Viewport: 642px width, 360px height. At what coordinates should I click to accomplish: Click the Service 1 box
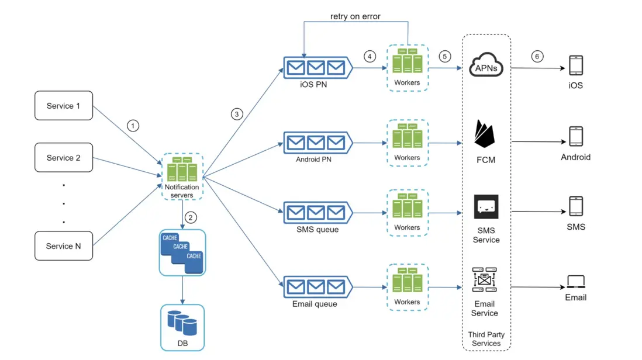pos(64,106)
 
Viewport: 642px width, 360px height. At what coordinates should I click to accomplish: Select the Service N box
pos(64,246)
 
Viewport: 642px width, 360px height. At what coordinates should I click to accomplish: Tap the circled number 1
pos(134,126)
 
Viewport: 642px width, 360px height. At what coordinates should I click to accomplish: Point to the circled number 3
pos(236,114)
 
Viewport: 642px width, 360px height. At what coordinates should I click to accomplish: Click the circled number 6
pos(537,57)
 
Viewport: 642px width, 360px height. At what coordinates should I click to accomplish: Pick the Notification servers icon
pos(181,169)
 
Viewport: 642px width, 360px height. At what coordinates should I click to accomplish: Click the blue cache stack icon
pos(182,252)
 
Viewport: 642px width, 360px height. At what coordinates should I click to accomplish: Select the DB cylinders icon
pos(182,323)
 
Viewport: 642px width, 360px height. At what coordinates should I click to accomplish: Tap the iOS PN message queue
pos(316,67)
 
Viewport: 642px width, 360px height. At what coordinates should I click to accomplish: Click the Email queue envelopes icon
pos(316,287)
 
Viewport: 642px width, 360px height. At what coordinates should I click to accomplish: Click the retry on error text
pos(355,16)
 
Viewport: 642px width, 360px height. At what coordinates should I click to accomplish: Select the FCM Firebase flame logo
pos(485,136)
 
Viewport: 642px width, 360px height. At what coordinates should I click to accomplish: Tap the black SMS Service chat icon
pos(486,207)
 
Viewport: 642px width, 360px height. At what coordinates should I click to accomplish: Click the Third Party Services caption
pos(486,339)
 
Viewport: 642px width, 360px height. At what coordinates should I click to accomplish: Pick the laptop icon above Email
pos(575,282)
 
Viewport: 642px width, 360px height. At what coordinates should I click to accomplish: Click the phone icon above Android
pos(575,137)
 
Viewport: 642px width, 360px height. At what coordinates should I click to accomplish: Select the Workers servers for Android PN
pos(407,139)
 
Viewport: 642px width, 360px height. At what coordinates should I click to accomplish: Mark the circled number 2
pos(191,217)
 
